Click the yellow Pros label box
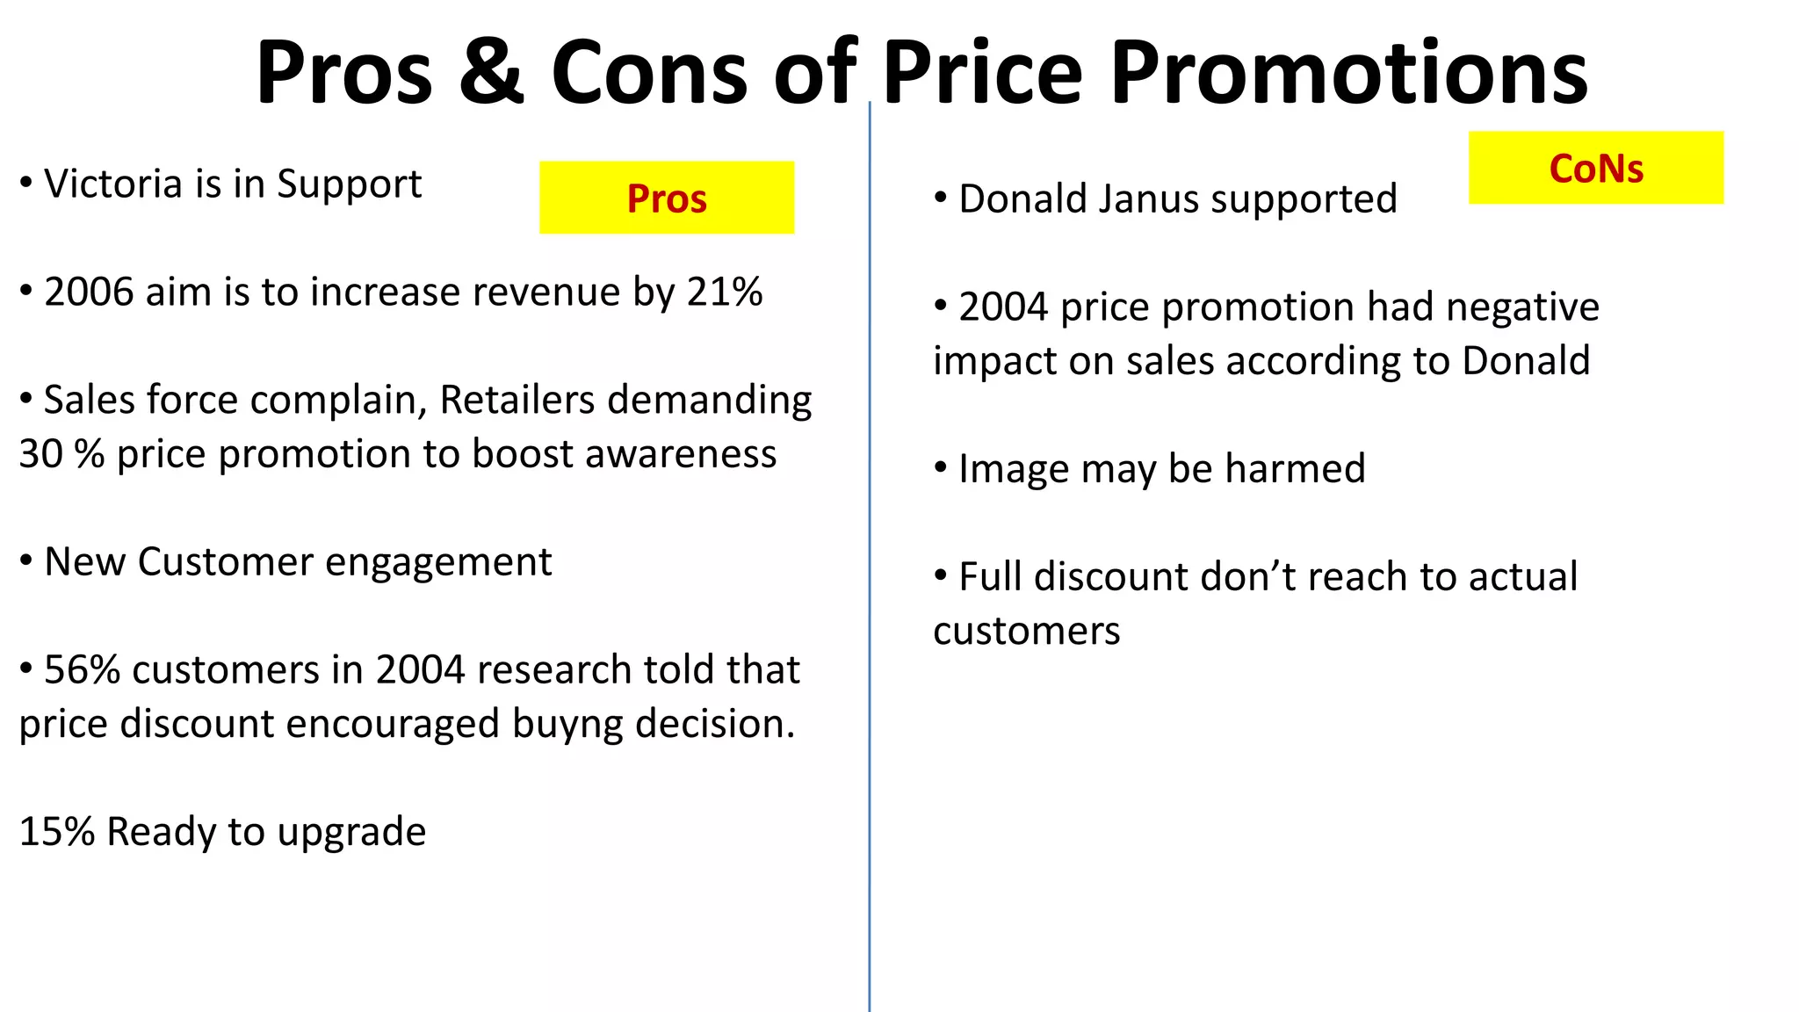[667, 198]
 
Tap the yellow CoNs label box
[1595, 168]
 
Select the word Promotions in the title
[1348, 72]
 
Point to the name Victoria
[113, 184]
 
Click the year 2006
[89, 292]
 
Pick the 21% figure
[725, 292]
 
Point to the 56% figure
[82, 670]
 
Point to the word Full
[990, 577]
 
